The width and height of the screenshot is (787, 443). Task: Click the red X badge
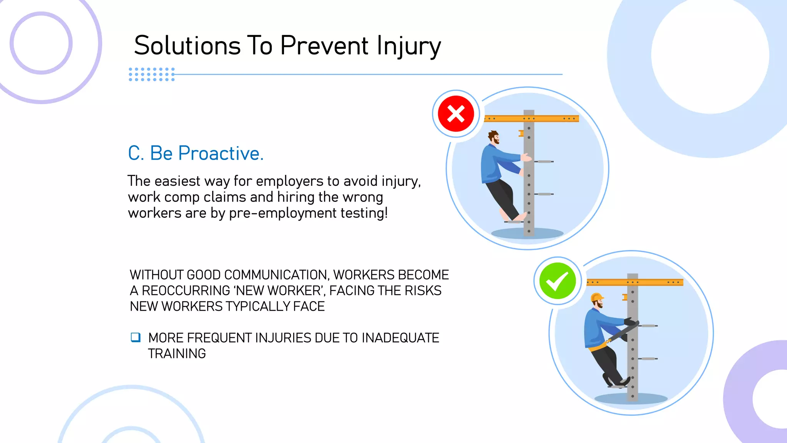click(456, 114)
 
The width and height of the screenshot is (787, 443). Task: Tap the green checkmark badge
click(557, 281)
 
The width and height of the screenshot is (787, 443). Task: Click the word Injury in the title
click(408, 46)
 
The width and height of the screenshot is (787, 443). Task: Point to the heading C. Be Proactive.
click(196, 153)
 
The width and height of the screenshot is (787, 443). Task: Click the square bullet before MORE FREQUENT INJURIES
click(136, 337)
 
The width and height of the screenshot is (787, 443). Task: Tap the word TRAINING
click(177, 353)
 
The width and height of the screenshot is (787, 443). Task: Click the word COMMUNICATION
click(276, 275)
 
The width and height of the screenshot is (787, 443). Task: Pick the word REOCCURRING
click(186, 291)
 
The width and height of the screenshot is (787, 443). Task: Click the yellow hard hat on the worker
click(596, 297)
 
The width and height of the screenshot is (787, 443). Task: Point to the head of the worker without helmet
click(494, 137)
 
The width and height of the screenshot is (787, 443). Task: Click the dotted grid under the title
click(152, 74)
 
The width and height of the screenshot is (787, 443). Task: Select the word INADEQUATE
click(400, 338)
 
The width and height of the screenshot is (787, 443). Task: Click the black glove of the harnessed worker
click(629, 321)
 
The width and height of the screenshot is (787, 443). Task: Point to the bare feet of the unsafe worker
click(513, 217)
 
